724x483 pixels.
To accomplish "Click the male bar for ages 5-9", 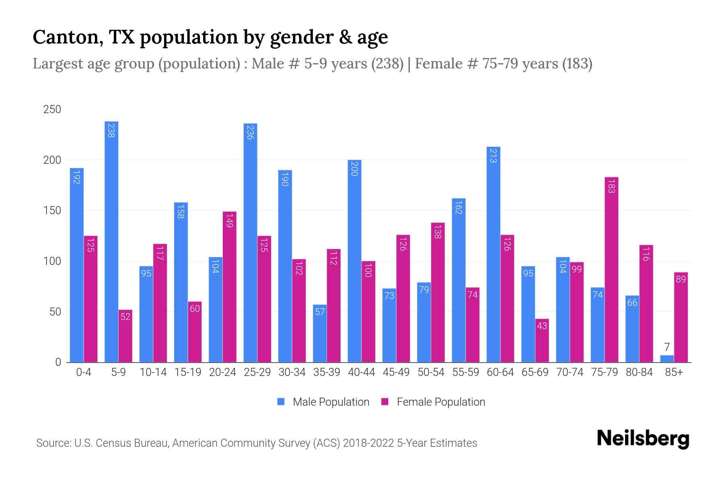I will point(111,242).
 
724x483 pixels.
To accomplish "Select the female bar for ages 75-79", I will point(611,270).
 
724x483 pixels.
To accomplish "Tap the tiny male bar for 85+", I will point(667,359).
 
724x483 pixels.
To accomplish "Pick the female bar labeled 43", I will point(542,341).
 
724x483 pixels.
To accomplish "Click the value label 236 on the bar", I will point(250,132).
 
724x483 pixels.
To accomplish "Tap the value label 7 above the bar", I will point(667,347).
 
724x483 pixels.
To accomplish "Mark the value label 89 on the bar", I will point(681,279).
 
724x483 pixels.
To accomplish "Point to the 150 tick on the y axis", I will point(52,211).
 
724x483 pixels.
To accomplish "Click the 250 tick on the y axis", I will point(52,109).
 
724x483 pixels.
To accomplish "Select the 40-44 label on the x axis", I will point(361,372).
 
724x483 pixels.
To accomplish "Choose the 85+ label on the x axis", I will point(674,372).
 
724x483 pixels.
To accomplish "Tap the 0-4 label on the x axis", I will point(84,372).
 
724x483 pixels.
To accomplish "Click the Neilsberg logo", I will point(643,438).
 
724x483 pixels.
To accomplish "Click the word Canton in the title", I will point(64,37).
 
